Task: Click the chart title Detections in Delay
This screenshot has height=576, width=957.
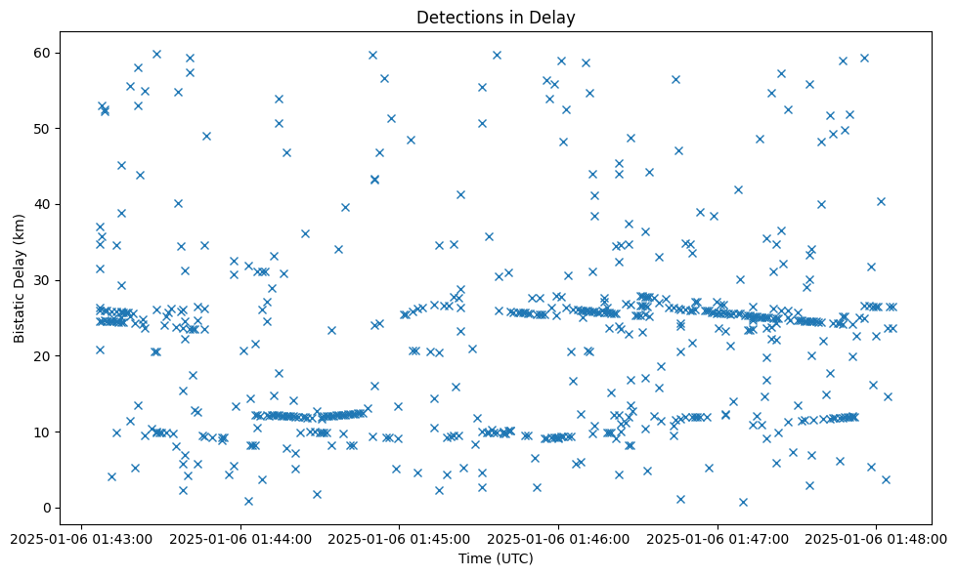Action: pyautogui.click(x=496, y=17)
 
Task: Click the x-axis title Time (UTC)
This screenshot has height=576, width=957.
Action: pyautogui.click(x=496, y=558)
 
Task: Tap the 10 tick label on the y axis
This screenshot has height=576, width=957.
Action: pyautogui.click(x=43, y=432)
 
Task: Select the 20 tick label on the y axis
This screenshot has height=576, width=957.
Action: pyautogui.click(x=43, y=356)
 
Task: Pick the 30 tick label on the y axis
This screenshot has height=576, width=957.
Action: pyautogui.click(x=43, y=280)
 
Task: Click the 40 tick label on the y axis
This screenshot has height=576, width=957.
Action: pyautogui.click(x=43, y=204)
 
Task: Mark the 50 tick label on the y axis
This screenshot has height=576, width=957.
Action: pyautogui.click(x=43, y=129)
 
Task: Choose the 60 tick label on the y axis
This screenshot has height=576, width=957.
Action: pyautogui.click(x=43, y=53)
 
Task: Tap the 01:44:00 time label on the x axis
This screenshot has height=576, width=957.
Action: pyautogui.click(x=240, y=538)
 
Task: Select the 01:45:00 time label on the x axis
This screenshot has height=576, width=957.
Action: pyautogui.click(x=399, y=538)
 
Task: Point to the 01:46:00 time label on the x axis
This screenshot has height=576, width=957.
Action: pyautogui.click(x=558, y=538)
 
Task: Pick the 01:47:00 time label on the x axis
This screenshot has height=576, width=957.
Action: pyautogui.click(x=718, y=538)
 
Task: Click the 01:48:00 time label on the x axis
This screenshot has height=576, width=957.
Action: pyautogui.click(x=876, y=538)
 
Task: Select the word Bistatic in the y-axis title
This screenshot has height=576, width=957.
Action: pyautogui.click(x=20, y=313)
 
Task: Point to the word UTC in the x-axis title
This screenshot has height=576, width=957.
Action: pyautogui.click(x=515, y=558)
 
